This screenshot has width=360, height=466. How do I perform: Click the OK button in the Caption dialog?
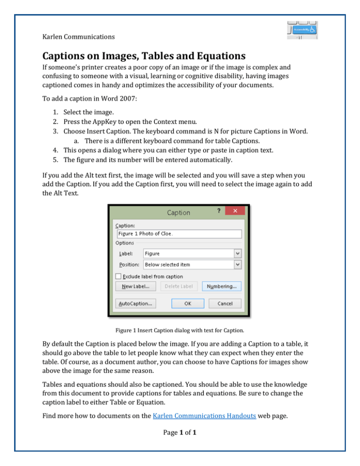pyautogui.click(x=187, y=303)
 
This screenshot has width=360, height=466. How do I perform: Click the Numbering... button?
pyautogui.click(x=222, y=286)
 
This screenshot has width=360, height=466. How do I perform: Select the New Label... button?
pyautogui.click(x=135, y=286)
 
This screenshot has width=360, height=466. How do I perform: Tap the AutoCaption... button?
pyautogui.click(x=135, y=303)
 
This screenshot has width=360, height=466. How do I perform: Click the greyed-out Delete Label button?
pyautogui.click(x=179, y=286)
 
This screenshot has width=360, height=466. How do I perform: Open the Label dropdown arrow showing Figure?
pyautogui.click(x=238, y=253)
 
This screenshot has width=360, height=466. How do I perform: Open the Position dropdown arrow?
pyautogui.click(x=238, y=264)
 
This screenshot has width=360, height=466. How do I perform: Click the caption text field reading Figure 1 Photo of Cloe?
pyautogui.click(x=178, y=234)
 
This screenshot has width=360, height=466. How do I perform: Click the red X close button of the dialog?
pyautogui.click(x=236, y=212)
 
